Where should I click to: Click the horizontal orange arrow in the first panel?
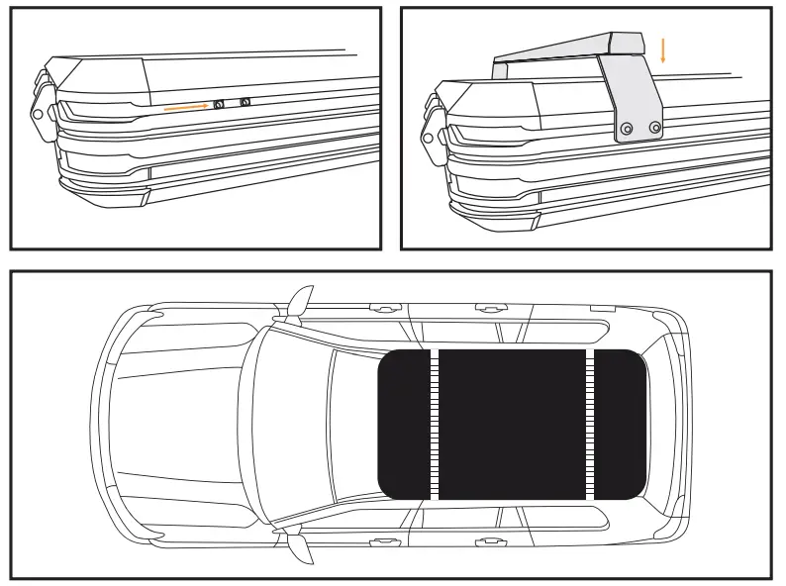[x=185, y=105]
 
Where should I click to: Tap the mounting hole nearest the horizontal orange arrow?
[x=220, y=104]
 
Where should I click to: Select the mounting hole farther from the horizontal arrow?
[x=245, y=101]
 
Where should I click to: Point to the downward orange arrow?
[x=663, y=49]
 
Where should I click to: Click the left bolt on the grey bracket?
[x=627, y=129]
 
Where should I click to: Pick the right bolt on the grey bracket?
[x=654, y=128]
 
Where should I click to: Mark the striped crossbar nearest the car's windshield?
[x=433, y=424]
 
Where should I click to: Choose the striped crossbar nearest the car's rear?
[x=590, y=424]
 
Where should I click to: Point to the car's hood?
[x=178, y=424]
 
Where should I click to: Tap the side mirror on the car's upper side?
[x=297, y=305]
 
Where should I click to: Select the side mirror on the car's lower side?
[x=297, y=543]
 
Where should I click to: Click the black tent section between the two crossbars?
[x=512, y=424]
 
